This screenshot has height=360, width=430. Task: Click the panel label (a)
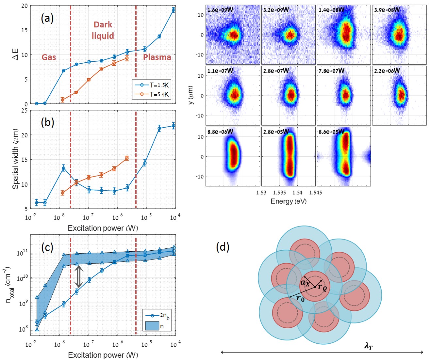tap(47, 18)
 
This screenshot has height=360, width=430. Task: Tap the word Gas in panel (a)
tap(49, 57)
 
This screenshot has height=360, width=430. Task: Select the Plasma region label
tap(157, 57)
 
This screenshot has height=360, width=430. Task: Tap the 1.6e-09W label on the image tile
tap(220, 10)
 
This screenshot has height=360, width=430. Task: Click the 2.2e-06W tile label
tap(387, 71)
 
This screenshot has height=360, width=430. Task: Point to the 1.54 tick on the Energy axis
tap(297, 193)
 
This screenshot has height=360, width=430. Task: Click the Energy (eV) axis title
tap(289, 201)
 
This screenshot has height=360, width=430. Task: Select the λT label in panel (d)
tap(368, 346)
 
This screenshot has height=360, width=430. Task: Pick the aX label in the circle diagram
tap(305, 282)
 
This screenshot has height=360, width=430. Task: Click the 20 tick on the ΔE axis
tap(24, 6)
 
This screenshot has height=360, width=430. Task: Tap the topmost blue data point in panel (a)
tap(174, 10)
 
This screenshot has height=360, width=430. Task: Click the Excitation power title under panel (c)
tap(103, 355)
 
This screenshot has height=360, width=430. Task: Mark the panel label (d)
tap(223, 247)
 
